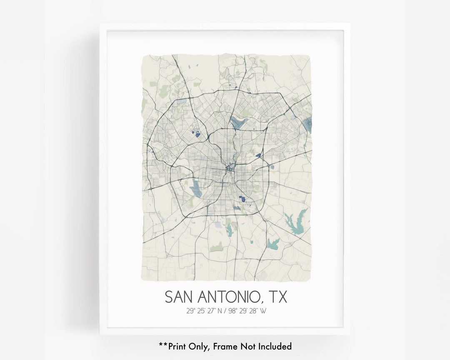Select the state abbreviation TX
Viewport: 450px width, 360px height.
pos(277,297)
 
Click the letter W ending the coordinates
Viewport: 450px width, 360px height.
pos(263,310)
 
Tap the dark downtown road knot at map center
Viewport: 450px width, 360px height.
pos(229,169)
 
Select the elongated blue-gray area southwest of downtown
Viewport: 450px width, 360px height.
pos(195,188)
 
